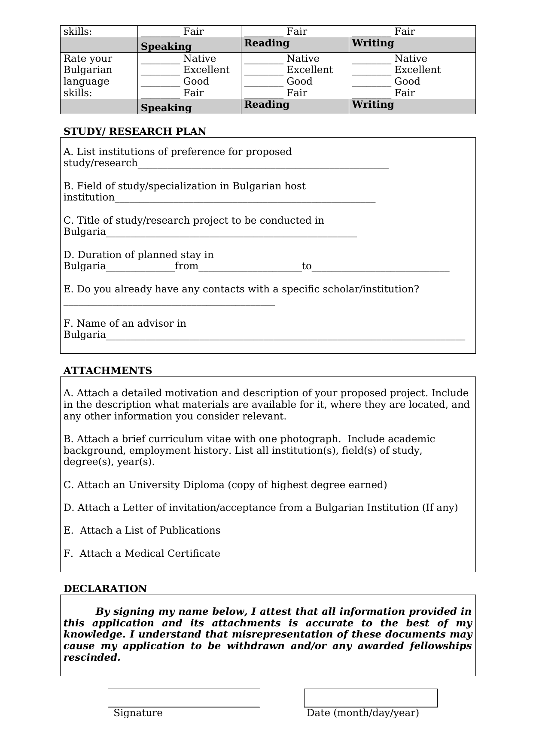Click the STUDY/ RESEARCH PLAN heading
coord(134,131)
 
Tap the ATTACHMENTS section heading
coord(107,370)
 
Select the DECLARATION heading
coord(105,589)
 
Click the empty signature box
coord(184,698)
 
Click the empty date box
coord(370,698)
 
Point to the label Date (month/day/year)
coord(362,713)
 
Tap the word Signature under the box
coord(138,713)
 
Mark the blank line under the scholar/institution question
coord(169,303)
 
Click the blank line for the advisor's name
coord(285,336)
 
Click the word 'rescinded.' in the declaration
coord(92,658)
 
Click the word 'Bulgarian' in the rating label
coord(88,70)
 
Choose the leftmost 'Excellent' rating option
coord(206,70)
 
